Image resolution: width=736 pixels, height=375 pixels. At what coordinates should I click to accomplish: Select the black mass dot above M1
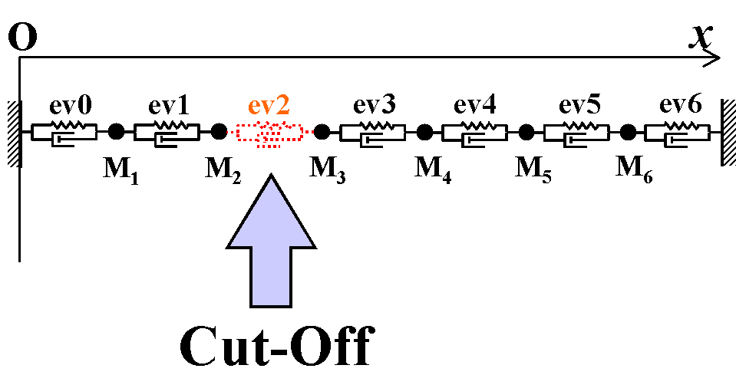[116, 132]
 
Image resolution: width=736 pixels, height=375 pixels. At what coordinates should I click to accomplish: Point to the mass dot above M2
[219, 132]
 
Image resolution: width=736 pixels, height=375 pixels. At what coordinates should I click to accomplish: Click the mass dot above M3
[322, 132]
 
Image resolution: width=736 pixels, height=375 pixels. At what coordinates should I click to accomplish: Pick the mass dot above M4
[424, 132]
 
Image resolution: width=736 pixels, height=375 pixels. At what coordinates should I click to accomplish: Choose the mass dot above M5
[526, 132]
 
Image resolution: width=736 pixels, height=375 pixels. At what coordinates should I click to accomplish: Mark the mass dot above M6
[629, 132]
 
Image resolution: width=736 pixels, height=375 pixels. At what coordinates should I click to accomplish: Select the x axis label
[699, 34]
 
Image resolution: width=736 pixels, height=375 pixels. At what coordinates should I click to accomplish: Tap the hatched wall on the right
[728, 131]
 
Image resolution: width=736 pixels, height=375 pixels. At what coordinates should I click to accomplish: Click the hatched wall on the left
[12, 132]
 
